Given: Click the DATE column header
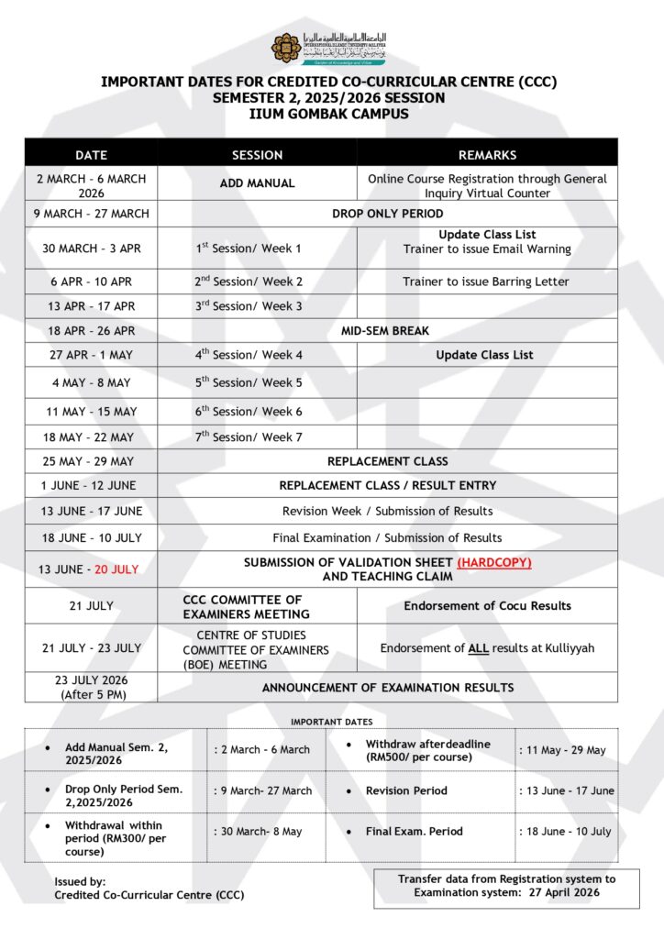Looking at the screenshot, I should [91, 155].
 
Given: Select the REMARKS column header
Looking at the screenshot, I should [487, 155].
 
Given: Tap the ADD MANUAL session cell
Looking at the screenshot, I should [257, 183].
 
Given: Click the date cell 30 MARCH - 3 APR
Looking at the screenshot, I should [91, 249].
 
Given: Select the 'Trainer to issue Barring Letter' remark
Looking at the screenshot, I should [486, 282].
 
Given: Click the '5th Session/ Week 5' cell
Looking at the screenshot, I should [249, 382].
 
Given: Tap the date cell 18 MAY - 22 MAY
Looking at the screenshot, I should [91, 437].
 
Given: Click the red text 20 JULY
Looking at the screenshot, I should [116, 569].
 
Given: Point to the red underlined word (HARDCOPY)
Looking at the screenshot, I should [494, 562].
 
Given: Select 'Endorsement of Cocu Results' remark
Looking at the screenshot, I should [487, 605].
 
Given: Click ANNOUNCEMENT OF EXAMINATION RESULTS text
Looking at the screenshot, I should [388, 687].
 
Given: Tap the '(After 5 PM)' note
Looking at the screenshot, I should [91, 694].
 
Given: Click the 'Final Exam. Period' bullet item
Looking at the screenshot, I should [414, 832].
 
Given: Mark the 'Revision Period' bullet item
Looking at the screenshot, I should [406, 790].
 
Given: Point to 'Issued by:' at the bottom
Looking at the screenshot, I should [80, 881].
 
